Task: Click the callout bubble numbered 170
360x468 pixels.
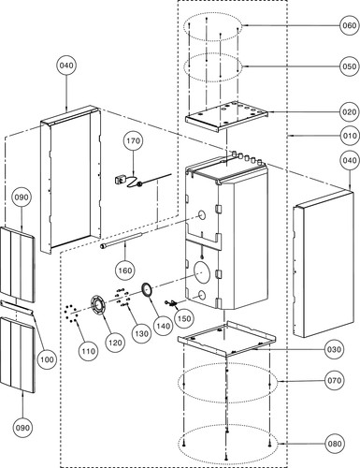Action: tap(133, 141)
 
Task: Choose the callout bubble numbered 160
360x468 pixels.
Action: tap(125, 271)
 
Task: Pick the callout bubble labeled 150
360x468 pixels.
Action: tap(184, 318)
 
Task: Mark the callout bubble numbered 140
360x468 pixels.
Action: tap(164, 326)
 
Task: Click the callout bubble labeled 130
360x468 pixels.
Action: tap(141, 334)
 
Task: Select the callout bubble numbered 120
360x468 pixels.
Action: tap(115, 343)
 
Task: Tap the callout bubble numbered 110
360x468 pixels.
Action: tap(89, 351)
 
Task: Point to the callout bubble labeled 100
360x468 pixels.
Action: tap(47, 359)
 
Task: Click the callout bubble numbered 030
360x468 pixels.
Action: tap(334, 349)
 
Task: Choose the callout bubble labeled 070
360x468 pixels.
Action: tap(334, 380)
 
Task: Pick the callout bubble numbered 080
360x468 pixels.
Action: tap(335, 444)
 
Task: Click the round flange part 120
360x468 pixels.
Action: tap(97, 306)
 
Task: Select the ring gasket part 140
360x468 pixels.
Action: tap(147, 289)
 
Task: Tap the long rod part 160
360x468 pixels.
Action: tap(121, 240)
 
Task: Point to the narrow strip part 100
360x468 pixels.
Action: tap(17, 308)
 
